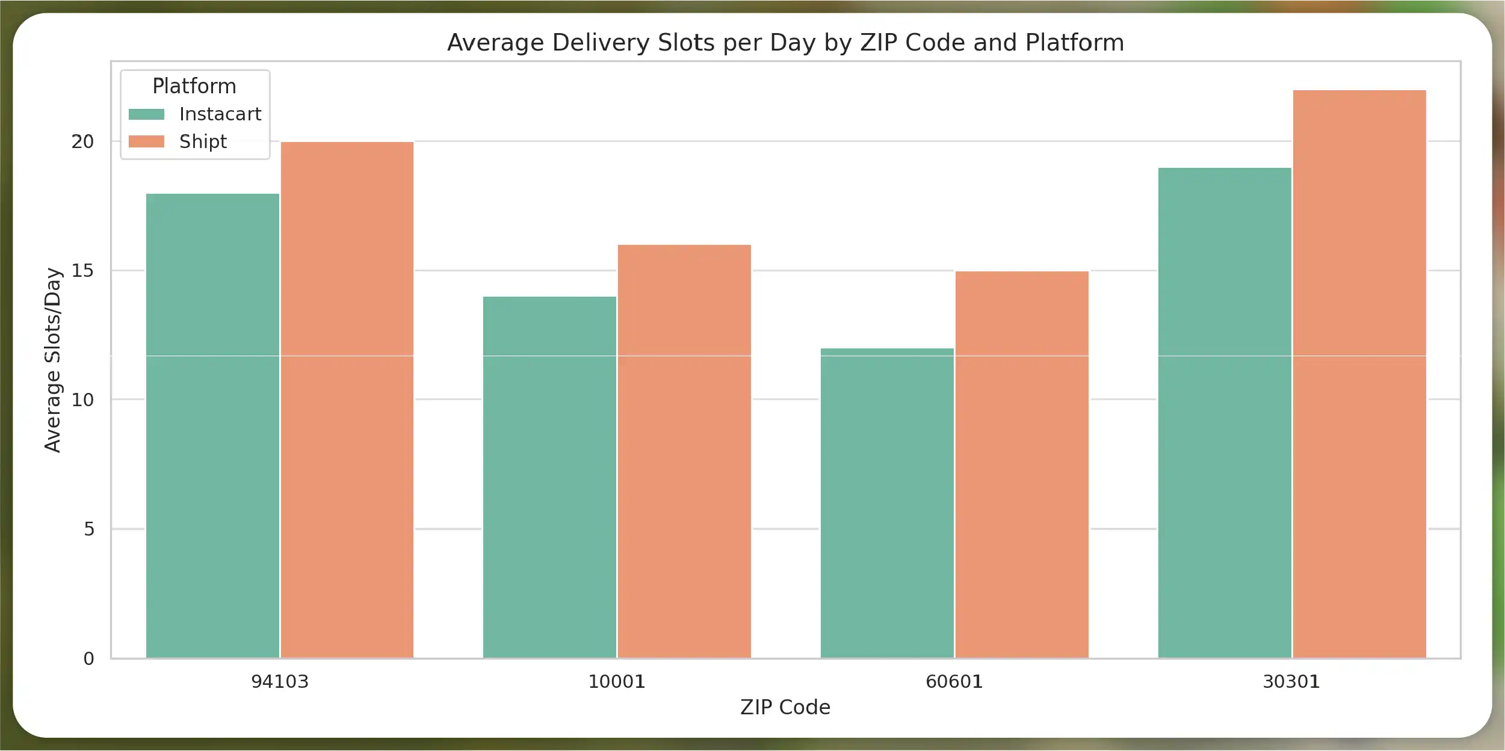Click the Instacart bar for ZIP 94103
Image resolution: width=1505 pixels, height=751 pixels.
click(212, 425)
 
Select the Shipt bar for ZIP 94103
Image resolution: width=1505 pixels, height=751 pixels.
click(347, 400)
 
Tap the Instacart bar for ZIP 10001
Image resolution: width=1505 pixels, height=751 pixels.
click(549, 477)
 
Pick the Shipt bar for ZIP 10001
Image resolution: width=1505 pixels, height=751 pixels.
click(684, 451)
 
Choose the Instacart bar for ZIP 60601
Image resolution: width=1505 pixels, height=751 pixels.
click(887, 503)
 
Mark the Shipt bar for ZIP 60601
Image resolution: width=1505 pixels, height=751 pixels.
click(1022, 465)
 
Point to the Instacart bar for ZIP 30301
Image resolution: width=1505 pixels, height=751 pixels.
click(1225, 413)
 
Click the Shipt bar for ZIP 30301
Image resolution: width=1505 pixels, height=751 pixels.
click(1359, 374)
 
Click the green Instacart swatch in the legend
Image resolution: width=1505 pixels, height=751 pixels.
click(146, 114)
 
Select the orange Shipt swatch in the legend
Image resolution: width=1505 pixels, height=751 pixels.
click(146, 141)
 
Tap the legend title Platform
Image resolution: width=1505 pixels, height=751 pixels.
click(194, 86)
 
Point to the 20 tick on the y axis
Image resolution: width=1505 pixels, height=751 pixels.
click(82, 142)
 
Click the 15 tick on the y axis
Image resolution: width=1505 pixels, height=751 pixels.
click(82, 271)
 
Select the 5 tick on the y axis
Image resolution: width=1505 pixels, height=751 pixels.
click(89, 529)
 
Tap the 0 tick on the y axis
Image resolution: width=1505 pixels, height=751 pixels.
click(89, 659)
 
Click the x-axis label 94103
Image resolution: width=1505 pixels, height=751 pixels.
click(279, 682)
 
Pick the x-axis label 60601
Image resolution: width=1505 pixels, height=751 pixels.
click(954, 682)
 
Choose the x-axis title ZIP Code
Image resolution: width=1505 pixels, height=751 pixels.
click(785, 707)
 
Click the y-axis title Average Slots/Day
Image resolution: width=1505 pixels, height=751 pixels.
click(53, 360)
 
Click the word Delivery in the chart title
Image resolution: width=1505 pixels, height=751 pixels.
click(601, 43)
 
